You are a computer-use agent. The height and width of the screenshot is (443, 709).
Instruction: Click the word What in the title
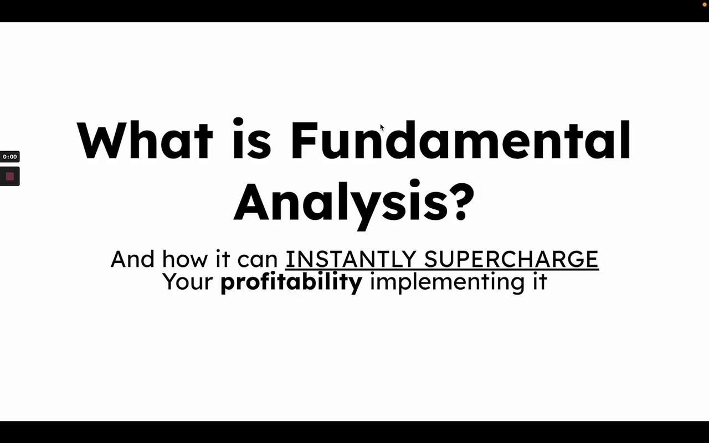145,140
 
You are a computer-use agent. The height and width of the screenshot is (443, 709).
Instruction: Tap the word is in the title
252,138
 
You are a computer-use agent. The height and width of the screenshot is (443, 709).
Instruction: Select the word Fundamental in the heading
461,139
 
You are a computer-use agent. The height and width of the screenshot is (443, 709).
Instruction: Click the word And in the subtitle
132,259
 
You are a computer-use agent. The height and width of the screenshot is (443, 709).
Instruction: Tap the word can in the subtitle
258,261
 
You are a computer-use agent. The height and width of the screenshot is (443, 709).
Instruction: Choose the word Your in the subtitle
188,281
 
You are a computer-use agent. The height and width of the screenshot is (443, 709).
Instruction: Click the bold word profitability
291,282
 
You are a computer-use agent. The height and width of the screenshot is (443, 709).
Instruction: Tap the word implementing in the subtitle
447,282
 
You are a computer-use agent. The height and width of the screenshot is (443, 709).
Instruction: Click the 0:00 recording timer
10,157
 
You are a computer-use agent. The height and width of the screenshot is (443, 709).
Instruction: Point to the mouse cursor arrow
382,127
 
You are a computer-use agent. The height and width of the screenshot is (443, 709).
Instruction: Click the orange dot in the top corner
705,4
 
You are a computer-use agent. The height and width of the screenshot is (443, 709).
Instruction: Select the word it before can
223,259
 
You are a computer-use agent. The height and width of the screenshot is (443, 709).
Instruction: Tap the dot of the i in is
238,122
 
